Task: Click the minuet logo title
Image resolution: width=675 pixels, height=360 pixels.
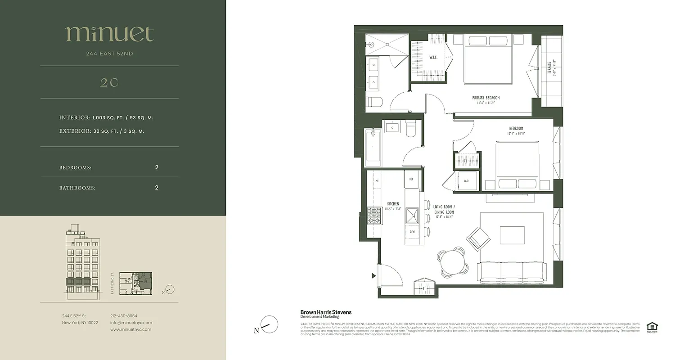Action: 110,34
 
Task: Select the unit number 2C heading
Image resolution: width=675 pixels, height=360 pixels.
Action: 109,82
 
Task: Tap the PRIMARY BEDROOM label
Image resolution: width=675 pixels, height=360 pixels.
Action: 486,98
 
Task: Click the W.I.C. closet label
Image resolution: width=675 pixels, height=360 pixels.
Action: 433,57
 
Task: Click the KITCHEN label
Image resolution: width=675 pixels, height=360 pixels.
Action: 393,204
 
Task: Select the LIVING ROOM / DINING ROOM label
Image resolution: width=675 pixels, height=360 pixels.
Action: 444,210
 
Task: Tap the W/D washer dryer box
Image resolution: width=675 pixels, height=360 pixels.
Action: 467,181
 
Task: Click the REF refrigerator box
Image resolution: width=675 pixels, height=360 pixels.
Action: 411,179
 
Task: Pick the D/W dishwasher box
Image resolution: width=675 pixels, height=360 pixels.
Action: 412,232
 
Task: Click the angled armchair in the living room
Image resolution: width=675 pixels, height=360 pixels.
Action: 478,238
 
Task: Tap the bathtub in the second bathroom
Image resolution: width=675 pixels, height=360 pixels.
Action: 373,148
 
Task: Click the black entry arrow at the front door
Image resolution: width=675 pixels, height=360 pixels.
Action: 373,276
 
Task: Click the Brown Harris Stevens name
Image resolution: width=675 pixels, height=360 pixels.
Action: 326,312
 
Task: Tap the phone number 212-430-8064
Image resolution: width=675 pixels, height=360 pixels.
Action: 124,316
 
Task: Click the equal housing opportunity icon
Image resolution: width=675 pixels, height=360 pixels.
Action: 651,327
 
